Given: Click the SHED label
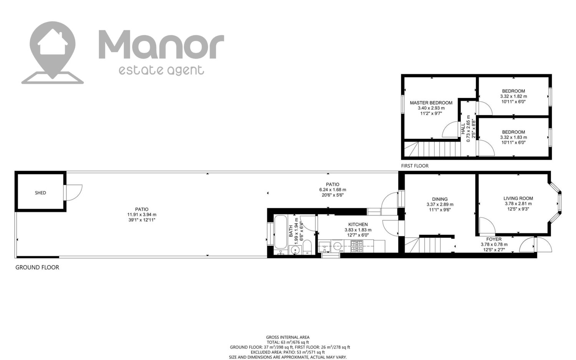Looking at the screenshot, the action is click(x=40, y=193).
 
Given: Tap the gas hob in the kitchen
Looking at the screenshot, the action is click(x=357, y=246).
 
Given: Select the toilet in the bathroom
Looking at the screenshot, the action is click(x=307, y=247).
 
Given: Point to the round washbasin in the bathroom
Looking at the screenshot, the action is click(x=295, y=250).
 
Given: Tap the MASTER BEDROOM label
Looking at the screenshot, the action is click(x=431, y=103).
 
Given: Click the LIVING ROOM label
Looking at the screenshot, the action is click(x=518, y=198).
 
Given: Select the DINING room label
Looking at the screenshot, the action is click(x=440, y=199).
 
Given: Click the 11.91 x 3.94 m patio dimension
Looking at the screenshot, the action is click(x=142, y=215).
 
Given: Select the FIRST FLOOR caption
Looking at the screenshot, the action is click(x=415, y=166).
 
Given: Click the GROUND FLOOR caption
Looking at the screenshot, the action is click(x=37, y=267).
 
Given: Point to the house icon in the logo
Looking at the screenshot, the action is click(x=53, y=42).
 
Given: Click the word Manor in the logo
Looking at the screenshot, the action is click(x=162, y=44).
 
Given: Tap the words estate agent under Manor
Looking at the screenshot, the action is click(x=162, y=70).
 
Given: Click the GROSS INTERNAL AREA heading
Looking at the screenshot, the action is click(x=288, y=337).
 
